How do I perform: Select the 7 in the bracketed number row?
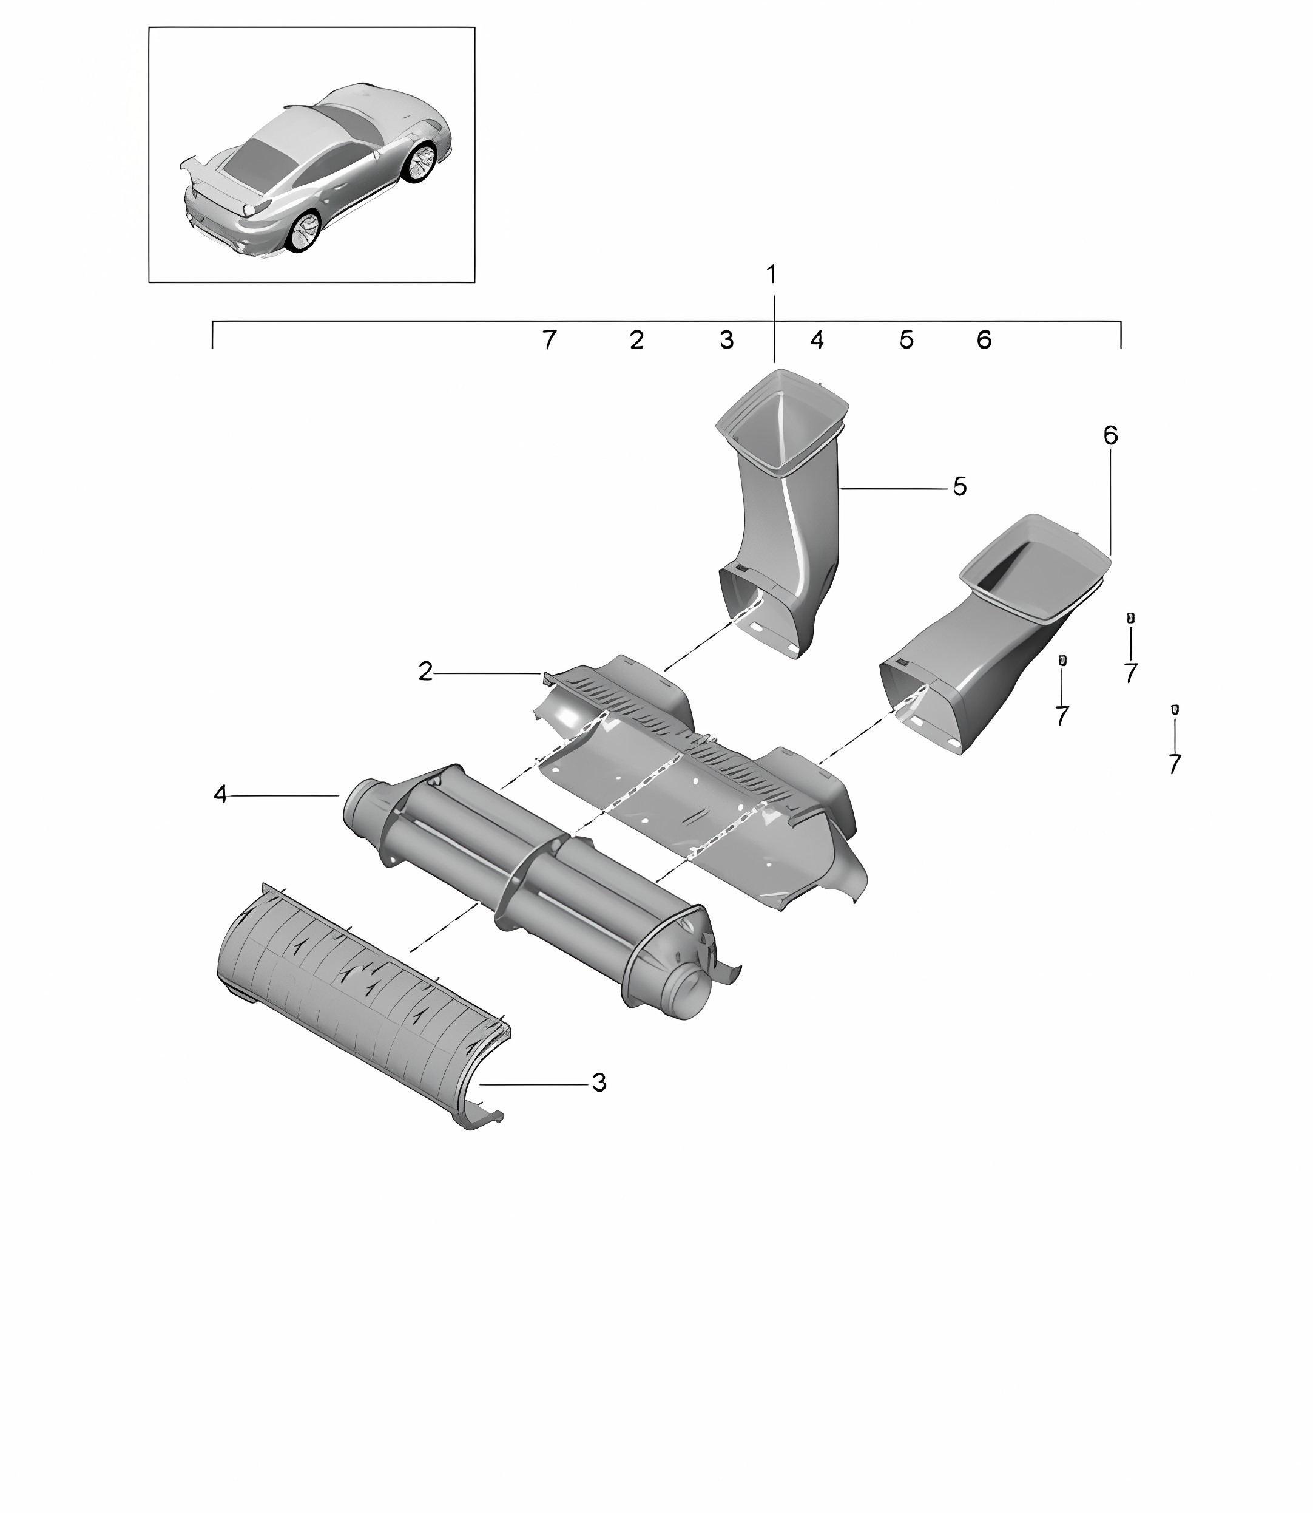(x=548, y=339)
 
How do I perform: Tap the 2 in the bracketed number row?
(x=636, y=339)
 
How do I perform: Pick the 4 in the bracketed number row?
(x=817, y=339)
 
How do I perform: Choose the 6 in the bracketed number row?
(x=984, y=339)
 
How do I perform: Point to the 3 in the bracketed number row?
(x=726, y=339)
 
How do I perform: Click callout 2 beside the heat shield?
(x=426, y=671)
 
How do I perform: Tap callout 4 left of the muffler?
(x=220, y=794)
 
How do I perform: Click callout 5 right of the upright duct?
(x=960, y=486)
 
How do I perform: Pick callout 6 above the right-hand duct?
(x=1111, y=435)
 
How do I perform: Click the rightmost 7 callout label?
(x=1175, y=764)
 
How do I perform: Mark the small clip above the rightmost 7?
(x=1175, y=709)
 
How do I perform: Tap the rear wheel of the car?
(x=304, y=233)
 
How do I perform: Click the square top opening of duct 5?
(x=781, y=420)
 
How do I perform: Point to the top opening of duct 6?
(x=1035, y=566)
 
